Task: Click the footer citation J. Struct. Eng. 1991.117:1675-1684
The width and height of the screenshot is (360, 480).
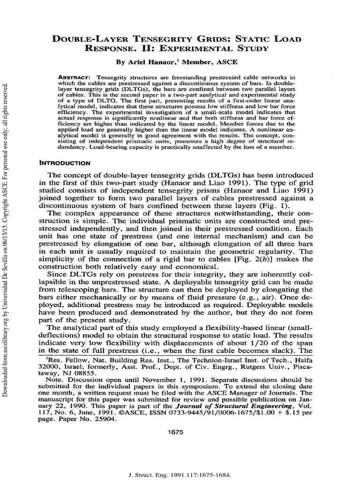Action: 180,462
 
